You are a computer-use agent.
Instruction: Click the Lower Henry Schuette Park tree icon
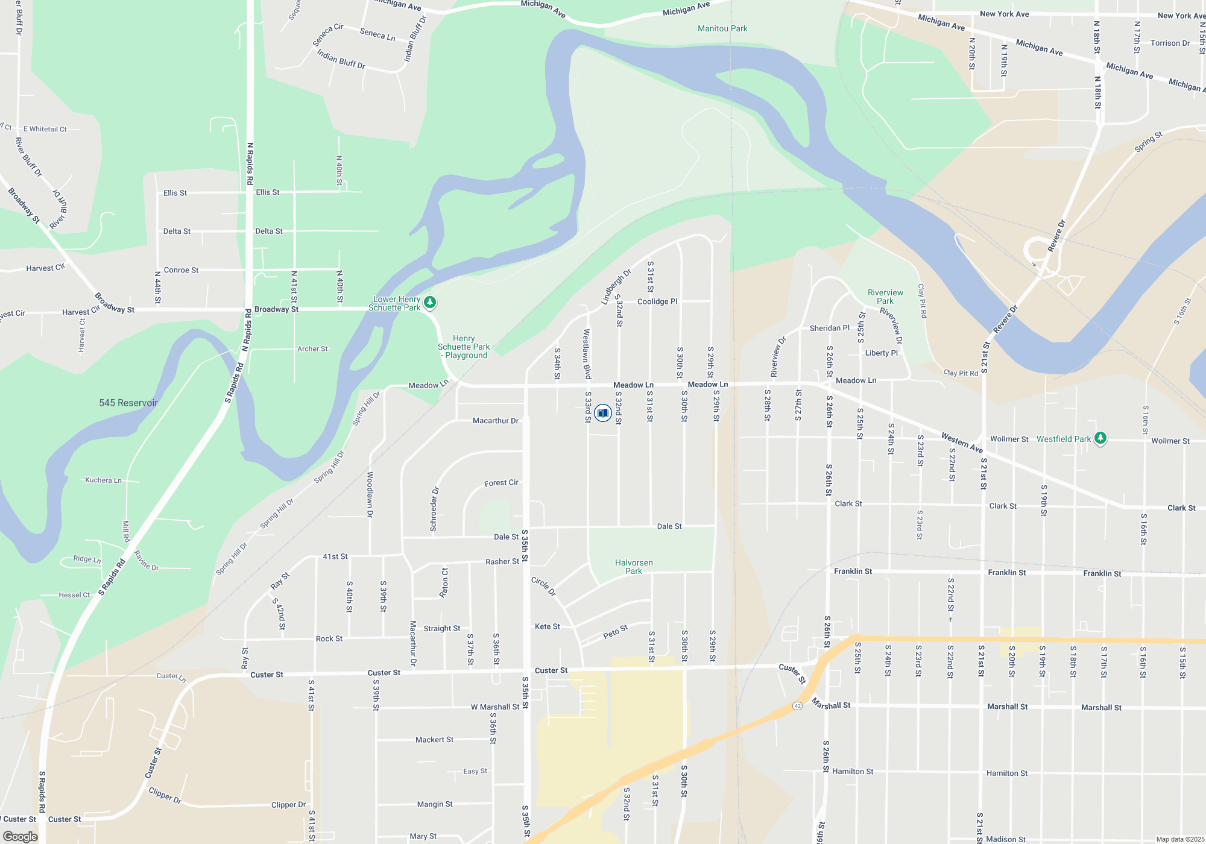(x=430, y=302)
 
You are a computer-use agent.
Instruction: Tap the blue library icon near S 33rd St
(x=602, y=413)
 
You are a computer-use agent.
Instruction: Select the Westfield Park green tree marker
(x=1100, y=438)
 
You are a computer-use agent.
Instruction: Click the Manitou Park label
(x=722, y=28)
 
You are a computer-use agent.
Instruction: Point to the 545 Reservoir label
(x=128, y=403)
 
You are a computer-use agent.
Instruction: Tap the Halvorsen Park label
(x=634, y=567)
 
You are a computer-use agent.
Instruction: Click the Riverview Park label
(x=885, y=297)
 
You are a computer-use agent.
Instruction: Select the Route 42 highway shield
(x=798, y=706)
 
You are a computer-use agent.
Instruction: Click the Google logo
(x=21, y=836)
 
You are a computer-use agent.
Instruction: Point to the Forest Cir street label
(x=501, y=483)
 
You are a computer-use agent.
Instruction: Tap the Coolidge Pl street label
(x=657, y=301)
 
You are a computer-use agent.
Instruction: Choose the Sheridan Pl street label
(x=829, y=328)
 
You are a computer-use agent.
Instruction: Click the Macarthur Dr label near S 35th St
(x=495, y=421)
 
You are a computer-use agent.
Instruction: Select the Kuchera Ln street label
(x=103, y=480)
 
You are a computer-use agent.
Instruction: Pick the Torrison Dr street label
(x=1170, y=43)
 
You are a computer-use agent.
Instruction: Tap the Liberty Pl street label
(x=881, y=353)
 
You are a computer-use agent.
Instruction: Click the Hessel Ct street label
(x=74, y=595)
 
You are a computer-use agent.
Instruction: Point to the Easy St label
(x=475, y=771)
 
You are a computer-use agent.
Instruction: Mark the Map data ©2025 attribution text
(x=1179, y=839)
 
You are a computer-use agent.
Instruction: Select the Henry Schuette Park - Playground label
(x=464, y=347)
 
